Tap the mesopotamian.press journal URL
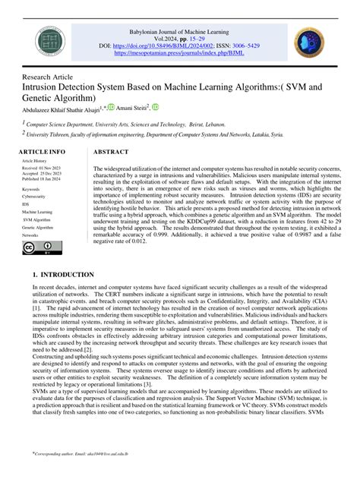click(x=180, y=54)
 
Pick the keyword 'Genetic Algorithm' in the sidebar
click(x=37, y=227)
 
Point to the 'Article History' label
click(x=33, y=162)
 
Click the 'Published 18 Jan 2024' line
click(x=41, y=178)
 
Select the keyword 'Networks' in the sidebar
click(x=31, y=235)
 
